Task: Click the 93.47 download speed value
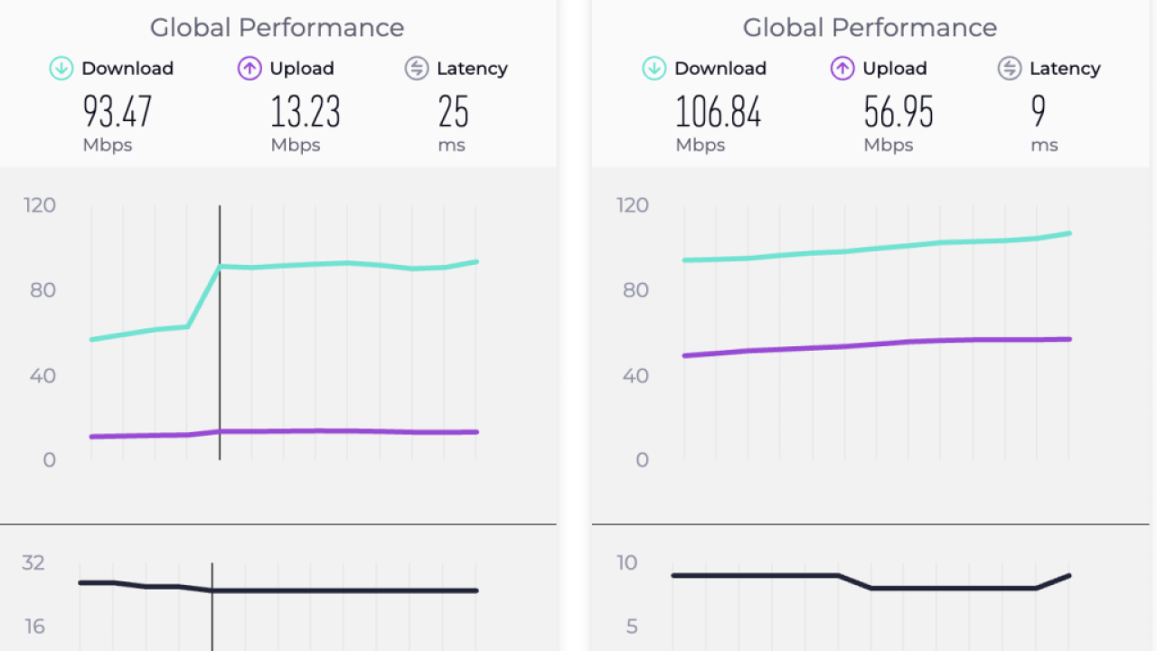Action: (x=118, y=112)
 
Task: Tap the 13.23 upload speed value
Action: (x=306, y=112)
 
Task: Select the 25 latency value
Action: (x=454, y=112)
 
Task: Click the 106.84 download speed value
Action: (x=719, y=112)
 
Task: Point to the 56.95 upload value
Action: (x=898, y=112)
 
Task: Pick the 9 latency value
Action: (x=1039, y=112)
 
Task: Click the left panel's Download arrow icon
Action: (x=61, y=69)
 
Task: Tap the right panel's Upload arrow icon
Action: (x=842, y=69)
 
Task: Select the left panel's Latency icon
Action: (x=417, y=69)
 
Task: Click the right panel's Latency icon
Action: (x=1010, y=69)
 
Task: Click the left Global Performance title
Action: (x=277, y=28)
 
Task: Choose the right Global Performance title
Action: (x=870, y=28)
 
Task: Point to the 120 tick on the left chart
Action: (x=41, y=205)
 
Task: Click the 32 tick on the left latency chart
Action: (x=33, y=563)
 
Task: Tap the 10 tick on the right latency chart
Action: (x=626, y=563)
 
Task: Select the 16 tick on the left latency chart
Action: (x=33, y=627)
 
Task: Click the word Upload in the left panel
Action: (x=302, y=69)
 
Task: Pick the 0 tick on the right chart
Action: (x=642, y=460)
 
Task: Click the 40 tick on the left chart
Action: (x=42, y=375)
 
